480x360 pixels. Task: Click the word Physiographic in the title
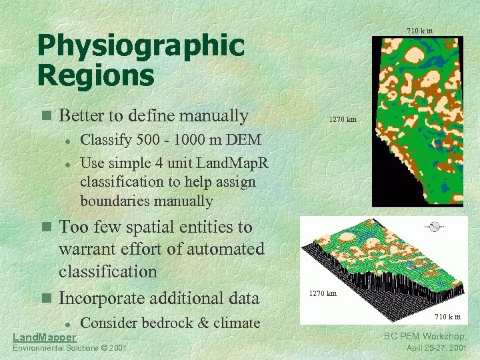[141, 47]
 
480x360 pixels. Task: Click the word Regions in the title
[95, 75]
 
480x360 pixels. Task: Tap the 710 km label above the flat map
[419, 31]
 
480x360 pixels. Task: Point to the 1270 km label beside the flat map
[343, 120]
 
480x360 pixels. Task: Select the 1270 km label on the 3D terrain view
[322, 293]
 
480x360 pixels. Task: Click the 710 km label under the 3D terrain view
[447, 316]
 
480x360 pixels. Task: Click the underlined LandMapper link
[45, 337]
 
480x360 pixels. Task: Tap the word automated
[226, 249]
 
